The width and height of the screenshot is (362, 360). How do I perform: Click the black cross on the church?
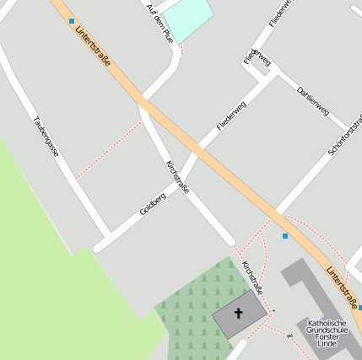point(238,314)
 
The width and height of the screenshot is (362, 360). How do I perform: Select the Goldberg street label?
point(153,202)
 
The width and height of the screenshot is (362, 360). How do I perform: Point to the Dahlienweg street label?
point(312,99)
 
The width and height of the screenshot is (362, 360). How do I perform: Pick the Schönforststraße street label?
point(345,134)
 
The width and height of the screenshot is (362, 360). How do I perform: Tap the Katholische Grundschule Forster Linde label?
point(326,334)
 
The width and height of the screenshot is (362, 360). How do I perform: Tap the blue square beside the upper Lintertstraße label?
point(72,21)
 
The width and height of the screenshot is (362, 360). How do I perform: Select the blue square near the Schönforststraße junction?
point(285,236)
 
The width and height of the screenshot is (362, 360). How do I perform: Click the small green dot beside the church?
point(273,311)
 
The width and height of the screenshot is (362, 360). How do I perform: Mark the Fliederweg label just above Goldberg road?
point(230,116)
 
